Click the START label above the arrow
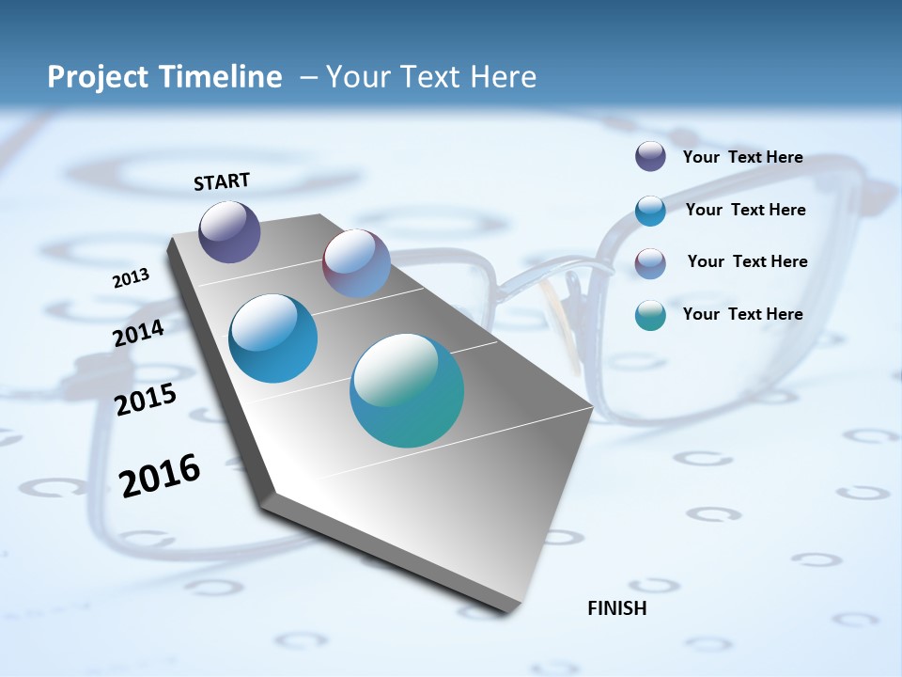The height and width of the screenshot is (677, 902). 222,181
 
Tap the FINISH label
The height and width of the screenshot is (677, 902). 616,608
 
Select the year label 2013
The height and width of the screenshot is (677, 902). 131,278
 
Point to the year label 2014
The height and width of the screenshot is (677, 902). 139,333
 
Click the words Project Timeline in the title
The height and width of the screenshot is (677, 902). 164,77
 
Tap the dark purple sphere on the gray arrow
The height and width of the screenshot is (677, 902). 229,231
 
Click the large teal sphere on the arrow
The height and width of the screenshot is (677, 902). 406,390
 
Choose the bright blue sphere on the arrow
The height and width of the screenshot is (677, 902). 272,338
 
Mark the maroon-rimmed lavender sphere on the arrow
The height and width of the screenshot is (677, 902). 356,263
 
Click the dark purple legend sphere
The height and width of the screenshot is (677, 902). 650,157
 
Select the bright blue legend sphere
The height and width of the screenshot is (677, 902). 650,211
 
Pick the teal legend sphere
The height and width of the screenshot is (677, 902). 650,315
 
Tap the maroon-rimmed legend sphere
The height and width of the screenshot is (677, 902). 650,262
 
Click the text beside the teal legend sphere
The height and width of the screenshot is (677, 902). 742,314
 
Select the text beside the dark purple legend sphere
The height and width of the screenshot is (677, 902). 742,157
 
